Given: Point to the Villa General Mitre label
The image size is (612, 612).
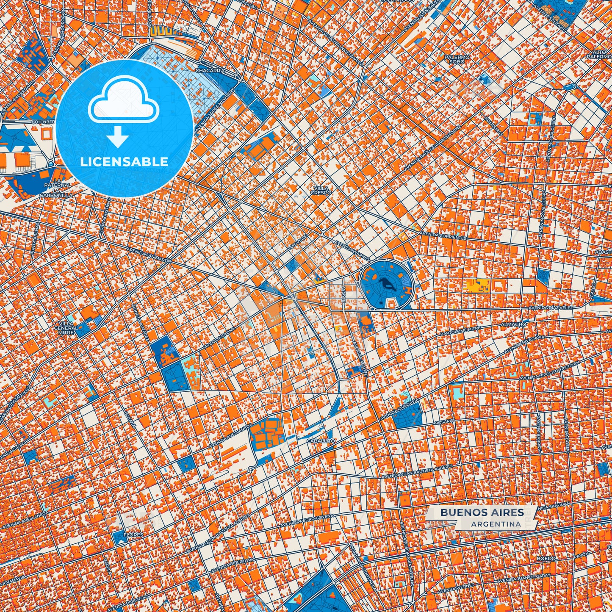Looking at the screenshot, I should (x=66, y=328).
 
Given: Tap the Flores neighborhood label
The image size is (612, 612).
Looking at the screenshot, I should (x=131, y=535).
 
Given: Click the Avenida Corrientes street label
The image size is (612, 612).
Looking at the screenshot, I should (x=443, y=235).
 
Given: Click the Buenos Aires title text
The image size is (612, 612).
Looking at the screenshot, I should (x=482, y=512).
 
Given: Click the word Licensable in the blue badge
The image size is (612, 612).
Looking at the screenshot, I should (x=124, y=161).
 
